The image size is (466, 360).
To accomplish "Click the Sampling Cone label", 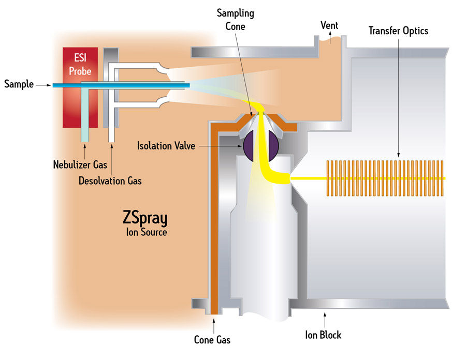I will pos(235,19).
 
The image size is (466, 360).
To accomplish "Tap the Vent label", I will pos(329,24).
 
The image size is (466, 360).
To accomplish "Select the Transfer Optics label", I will pos(398,31).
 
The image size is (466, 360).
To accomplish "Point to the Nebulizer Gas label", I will pos(80,165).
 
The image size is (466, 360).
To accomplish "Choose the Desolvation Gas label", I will pos(110,181).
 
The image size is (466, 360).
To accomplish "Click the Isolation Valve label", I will pos(166,146).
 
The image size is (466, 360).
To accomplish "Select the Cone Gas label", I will pos(212,340).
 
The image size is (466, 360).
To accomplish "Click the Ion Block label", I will pos(324,335).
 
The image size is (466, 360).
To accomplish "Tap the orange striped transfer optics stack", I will pos(385,178).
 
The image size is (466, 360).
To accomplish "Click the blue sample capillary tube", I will pos(135,85).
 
